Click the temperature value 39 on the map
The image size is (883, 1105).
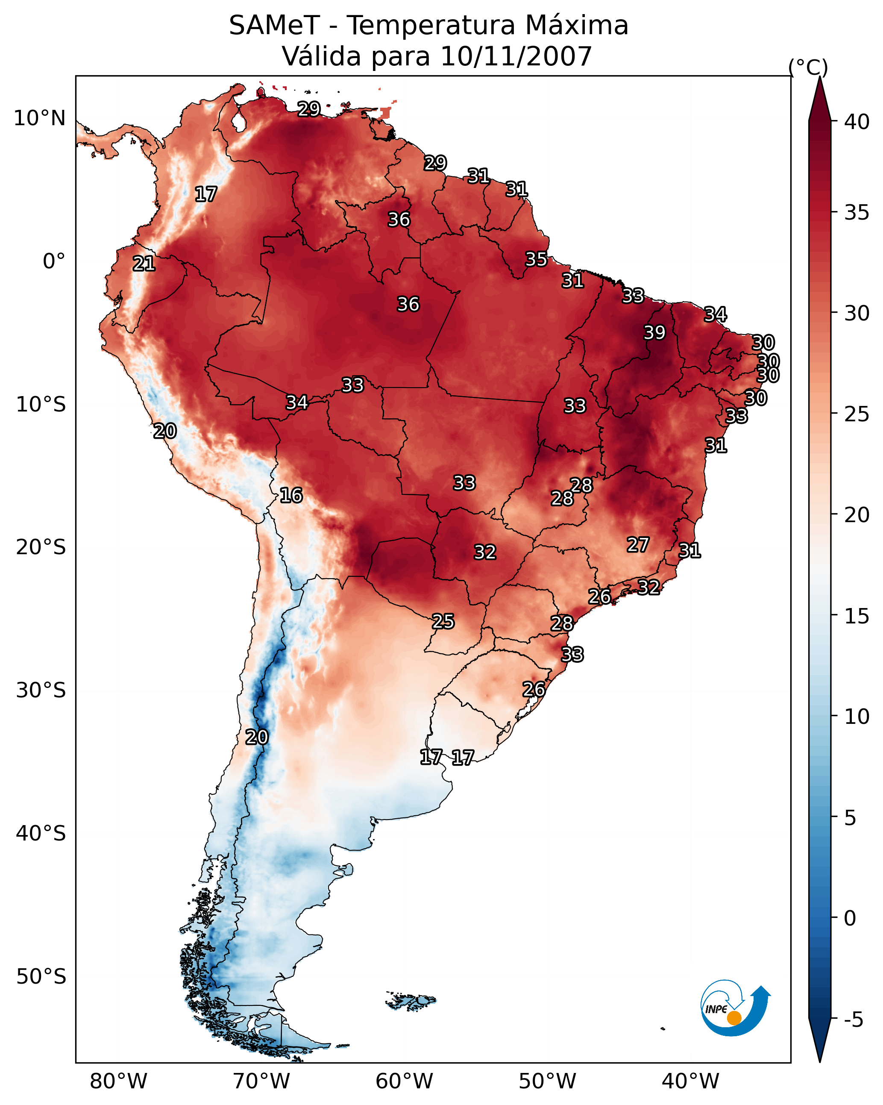tap(654, 332)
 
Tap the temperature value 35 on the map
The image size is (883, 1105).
tap(536, 259)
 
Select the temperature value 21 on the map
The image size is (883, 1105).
tap(144, 264)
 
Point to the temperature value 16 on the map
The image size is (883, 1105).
tap(291, 496)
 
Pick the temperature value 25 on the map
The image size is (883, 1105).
tap(443, 622)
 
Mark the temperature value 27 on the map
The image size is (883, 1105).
tap(638, 545)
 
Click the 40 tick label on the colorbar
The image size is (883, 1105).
tap(857, 122)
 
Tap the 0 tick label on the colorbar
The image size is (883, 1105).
tap(850, 919)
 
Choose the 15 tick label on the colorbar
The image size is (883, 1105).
tap(857, 616)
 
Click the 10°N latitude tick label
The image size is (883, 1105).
tap(39, 118)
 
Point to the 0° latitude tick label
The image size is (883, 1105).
tap(54, 262)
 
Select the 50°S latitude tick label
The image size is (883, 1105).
tap(41, 976)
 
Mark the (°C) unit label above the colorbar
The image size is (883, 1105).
tap(808, 67)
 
